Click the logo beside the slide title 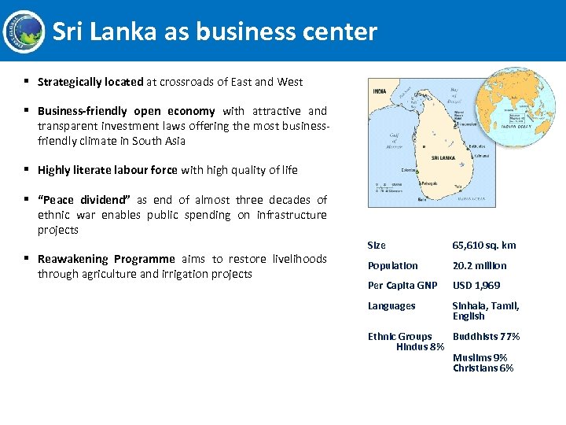[x=24, y=31]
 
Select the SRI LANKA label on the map [x=443, y=157]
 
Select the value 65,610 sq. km [x=483, y=246]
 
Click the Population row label [x=393, y=266]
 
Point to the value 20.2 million [x=479, y=266]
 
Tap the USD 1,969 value [x=476, y=286]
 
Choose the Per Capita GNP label [x=402, y=286]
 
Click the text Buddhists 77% [x=486, y=337]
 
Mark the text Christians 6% [x=483, y=368]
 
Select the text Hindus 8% [x=420, y=347]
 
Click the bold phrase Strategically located [x=90, y=82]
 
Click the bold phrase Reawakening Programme [x=106, y=259]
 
